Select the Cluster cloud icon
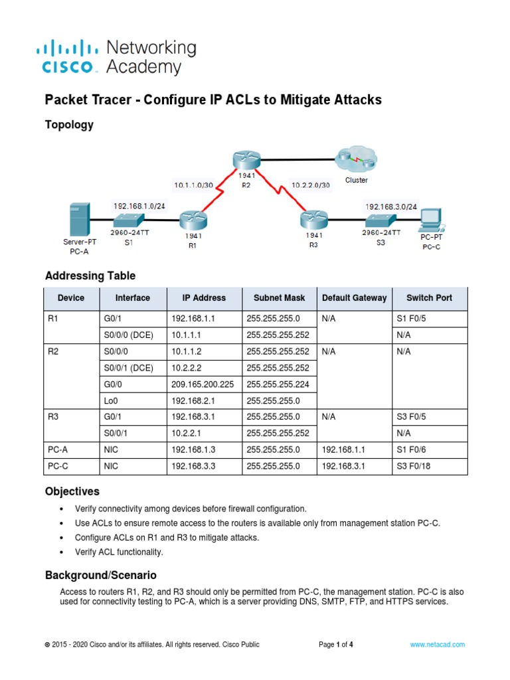(355, 159)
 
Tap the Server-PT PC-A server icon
(78, 220)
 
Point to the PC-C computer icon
(431, 218)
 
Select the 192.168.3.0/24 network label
(391, 207)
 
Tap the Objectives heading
(72, 492)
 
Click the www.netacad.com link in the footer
(437, 644)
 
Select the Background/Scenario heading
(100, 574)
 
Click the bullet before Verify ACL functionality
(62, 552)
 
